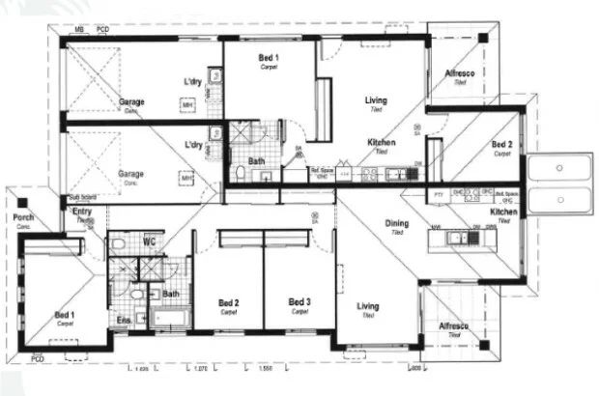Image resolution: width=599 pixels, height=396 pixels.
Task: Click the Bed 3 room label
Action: click(x=299, y=301)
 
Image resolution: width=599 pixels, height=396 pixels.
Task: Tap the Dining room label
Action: click(x=397, y=223)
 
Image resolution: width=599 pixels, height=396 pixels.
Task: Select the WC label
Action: click(x=150, y=240)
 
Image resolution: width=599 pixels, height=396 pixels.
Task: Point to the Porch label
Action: click(x=23, y=217)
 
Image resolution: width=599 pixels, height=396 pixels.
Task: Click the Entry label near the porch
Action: click(x=82, y=211)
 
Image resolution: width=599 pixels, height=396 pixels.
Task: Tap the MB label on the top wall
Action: click(x=79, y=30)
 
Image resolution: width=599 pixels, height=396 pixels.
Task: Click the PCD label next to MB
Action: click(x=102, y=30)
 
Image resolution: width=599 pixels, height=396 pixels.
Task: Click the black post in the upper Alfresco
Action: click(x=482, y=38)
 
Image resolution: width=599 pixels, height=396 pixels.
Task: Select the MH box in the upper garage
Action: click(x=187, y=104)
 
